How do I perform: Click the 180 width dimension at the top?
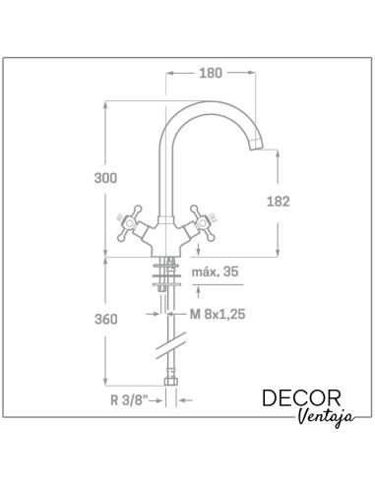(211, 73)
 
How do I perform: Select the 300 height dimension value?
(105, 178)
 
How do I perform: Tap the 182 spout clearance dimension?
(279, 202)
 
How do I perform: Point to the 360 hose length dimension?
(105, 319)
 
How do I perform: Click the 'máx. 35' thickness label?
(215, 272)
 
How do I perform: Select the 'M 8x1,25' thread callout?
(218, 314)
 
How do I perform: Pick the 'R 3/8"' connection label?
(129, 400)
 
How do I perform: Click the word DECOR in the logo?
(301, 397)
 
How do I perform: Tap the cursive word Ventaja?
(327, 417)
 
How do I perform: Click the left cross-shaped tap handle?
(130, 223)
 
